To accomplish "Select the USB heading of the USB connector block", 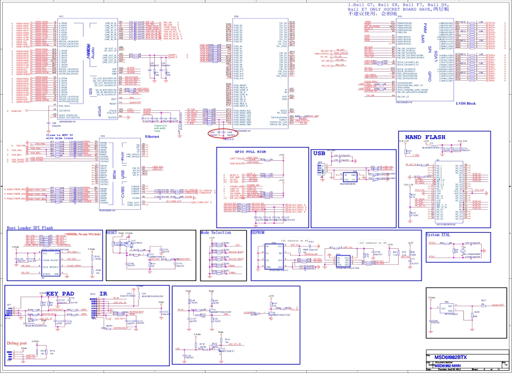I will tap(319, 153).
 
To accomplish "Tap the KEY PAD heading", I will tap(60, 293).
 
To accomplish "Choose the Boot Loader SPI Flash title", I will tap(30, 228).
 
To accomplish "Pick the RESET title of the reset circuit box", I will tap(111, 232).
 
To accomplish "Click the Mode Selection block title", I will tap(215, 232).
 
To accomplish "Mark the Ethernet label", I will tap(152, 136).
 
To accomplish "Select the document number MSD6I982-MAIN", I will tap(454, 365).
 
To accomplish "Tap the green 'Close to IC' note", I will tap(160, 127).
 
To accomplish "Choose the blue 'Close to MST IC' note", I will tap(60, 136).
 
